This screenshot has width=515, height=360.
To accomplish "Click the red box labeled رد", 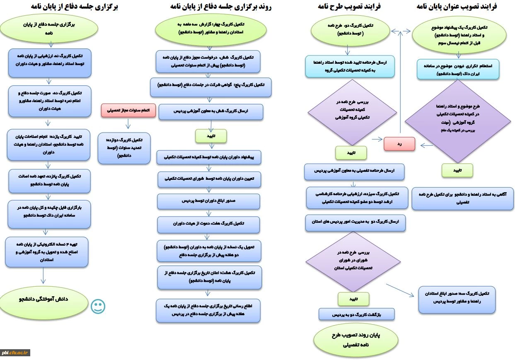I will point(399,144).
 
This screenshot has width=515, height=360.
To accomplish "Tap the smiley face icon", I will point(98,307).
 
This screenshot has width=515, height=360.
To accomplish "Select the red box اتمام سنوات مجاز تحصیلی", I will point(128,111).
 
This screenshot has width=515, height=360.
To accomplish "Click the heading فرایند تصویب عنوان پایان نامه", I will point(457,7).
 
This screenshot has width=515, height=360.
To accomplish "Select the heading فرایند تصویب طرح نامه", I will point(349,7).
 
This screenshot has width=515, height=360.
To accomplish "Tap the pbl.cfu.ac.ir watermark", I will point(15,353).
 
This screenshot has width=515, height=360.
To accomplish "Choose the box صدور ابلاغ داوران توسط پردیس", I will point(209,201).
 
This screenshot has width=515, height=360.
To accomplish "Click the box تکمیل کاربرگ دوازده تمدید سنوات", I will point(124,148).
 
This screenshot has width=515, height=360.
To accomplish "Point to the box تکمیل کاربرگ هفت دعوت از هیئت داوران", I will point(209,224).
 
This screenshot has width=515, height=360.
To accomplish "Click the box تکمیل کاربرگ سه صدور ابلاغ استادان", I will point(457,299).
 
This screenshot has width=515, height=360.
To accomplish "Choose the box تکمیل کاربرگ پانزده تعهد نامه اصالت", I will point(49,181).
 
